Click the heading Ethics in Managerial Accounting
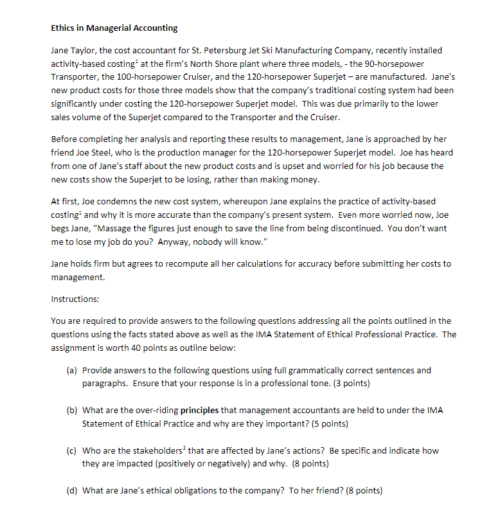point(114,28)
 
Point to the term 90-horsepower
point(411,64)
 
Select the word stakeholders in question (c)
point(148,451)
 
